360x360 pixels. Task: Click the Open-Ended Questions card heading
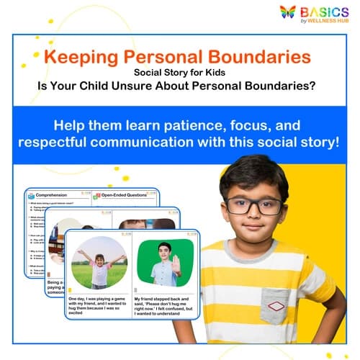point(125,194)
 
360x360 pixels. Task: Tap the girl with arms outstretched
point(99,263)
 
